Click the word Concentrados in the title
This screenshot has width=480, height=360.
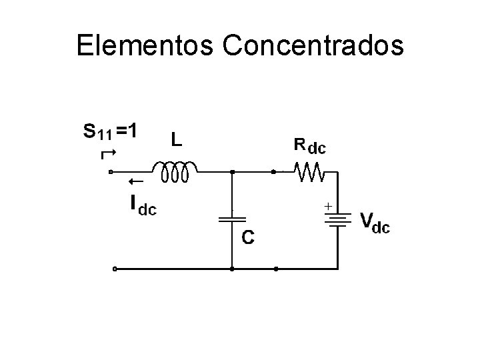313,45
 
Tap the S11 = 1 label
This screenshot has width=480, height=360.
111,131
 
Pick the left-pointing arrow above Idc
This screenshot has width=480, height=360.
136,181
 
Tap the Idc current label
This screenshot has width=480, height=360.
141,205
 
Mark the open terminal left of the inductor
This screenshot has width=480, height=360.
111,172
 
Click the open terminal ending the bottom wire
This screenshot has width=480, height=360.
115,269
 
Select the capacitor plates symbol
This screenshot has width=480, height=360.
231,219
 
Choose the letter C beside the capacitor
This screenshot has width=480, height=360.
247,237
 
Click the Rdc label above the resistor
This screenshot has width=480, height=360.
310,145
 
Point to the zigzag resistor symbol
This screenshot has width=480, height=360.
310,172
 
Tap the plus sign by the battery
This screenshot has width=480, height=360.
328,207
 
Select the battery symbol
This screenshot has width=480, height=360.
339,219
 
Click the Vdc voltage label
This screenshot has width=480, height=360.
375,222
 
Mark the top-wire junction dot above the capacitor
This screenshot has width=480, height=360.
231,172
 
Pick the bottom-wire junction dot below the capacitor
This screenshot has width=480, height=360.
231,269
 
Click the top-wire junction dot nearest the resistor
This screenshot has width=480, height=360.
274,172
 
